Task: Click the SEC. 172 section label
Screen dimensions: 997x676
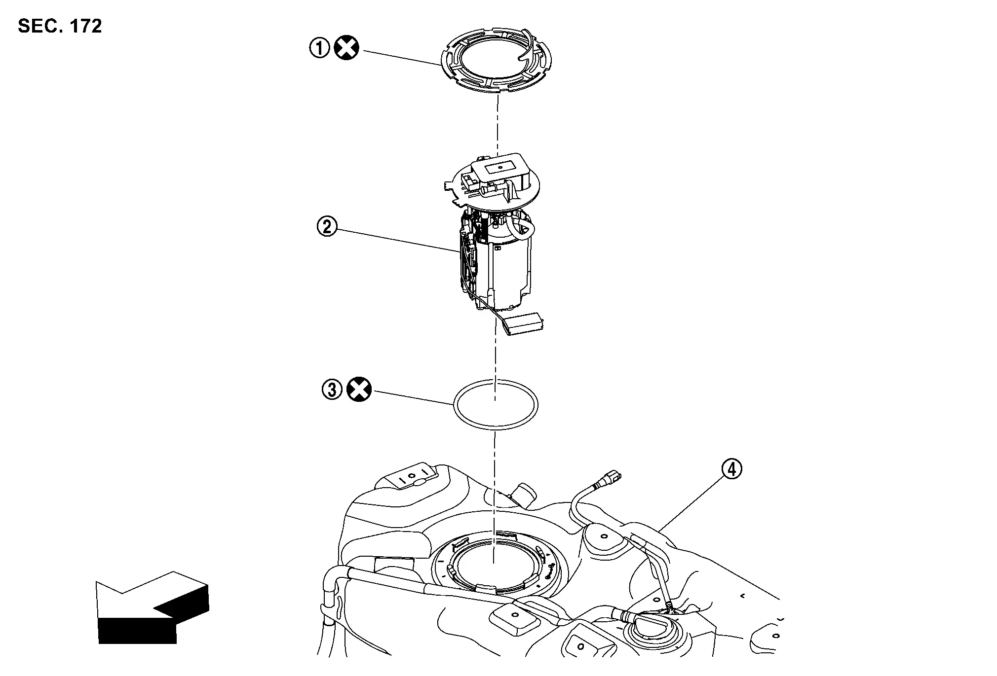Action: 60,26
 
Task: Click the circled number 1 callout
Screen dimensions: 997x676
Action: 319,49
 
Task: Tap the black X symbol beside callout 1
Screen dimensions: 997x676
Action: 347,49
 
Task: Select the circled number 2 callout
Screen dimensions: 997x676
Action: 327,227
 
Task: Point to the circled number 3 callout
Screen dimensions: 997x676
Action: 332,390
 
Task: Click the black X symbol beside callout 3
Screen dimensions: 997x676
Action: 359,390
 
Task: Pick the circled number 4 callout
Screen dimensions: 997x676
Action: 731,470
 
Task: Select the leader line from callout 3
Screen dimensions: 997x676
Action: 414,398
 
